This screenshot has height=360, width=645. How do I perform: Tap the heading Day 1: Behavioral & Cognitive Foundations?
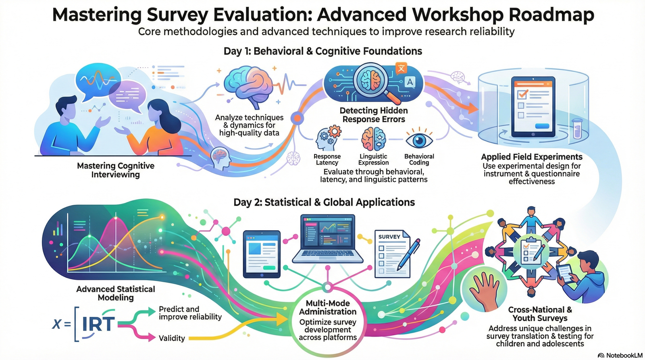point(322,51)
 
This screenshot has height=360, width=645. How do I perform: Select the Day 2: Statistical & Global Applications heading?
point(324,202)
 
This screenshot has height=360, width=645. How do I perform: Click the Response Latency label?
point(327,159)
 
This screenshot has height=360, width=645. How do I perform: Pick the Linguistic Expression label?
point(373,159)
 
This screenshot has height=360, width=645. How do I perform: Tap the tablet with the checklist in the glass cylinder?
point(533,107)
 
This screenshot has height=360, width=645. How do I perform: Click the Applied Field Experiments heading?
point(531,157)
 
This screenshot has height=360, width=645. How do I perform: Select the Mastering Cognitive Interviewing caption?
point(116,170)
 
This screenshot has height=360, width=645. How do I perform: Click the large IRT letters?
point(98,324)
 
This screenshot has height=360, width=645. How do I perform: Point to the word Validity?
point(172,338)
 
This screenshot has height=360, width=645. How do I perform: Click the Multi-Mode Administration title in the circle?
point(328,307)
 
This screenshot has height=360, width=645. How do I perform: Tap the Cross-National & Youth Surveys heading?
point(540,314)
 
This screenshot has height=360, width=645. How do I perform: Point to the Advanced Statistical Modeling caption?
point(116,293)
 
